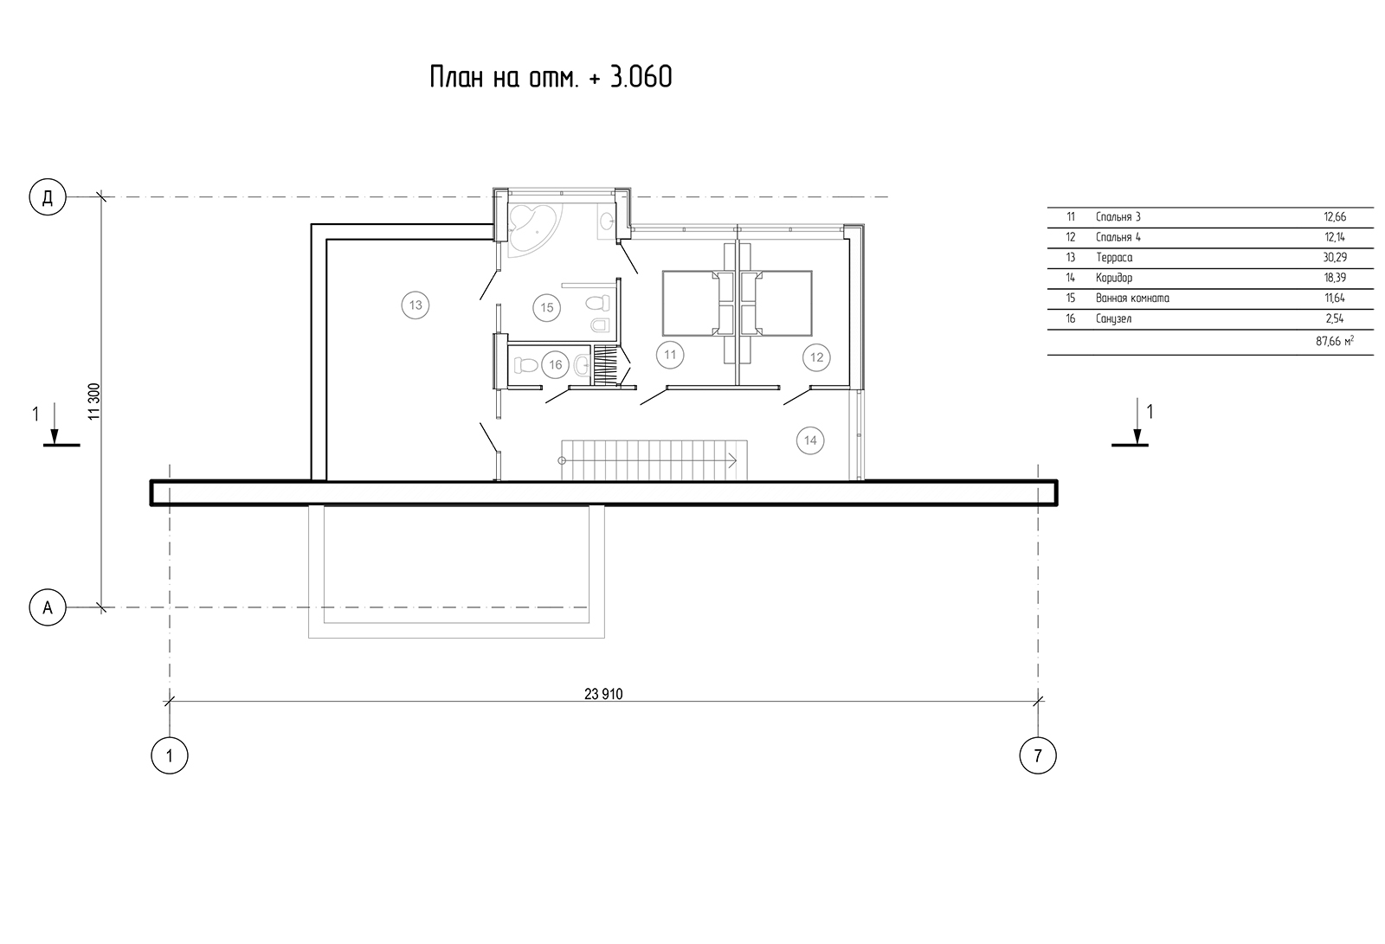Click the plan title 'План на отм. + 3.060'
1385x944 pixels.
(x=551, y=77)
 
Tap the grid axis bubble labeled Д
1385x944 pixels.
(x=48, y=196)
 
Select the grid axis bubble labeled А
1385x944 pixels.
(x=48, y=607)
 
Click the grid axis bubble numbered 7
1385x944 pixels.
(x=1038, y=755)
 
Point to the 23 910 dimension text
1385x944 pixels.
(x=603, y=694)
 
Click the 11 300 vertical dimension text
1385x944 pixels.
(x=94, y=401)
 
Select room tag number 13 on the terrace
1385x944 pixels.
(x=415, y=305)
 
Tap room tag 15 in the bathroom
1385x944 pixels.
(x=546, y=307)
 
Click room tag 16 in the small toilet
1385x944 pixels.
(x=555, y=365)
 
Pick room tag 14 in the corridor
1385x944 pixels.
(x=810, y=440)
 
